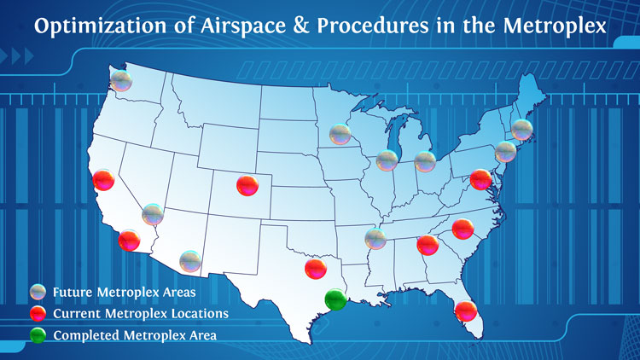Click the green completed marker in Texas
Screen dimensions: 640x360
(x=336, y=299)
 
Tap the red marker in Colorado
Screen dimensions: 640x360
(x=247, y=185)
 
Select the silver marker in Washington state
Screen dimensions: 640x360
(x=121, y=81)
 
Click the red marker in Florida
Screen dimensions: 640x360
(x=466, y=311)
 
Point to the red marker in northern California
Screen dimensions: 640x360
(x=103, y=180)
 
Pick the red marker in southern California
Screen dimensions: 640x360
(x=130, y=241)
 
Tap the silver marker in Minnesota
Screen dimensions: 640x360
(x=340, y=134)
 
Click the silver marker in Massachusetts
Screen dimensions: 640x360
(x=522, y=130)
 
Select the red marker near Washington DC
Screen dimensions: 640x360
(x=480, y=180)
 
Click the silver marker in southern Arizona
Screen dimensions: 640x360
(x=190, y=261)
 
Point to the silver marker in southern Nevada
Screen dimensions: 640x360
(x=153, y=214)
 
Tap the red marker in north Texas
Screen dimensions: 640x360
(x=316, y=269)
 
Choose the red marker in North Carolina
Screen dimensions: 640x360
(x=463, y=229)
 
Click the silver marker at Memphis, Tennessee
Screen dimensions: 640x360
(x=375, y=239)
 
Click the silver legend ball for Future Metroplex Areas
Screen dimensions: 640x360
(x=38, y=293)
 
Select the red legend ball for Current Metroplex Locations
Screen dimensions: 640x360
(x=38, y=313)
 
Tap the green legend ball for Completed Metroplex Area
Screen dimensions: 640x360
(x=38, y=335)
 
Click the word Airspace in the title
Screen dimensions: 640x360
(x=243, y=26)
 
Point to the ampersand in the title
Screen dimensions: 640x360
(x=301, y=26)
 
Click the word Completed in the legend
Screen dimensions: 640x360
(x=86, y=336)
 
